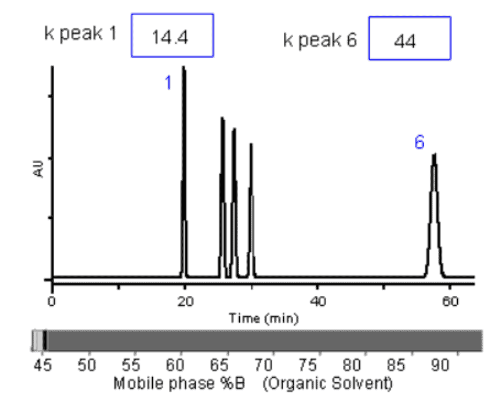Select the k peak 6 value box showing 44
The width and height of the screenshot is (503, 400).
point(410,38)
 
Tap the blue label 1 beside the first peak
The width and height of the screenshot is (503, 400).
point(168,84)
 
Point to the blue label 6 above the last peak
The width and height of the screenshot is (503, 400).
point(420,142)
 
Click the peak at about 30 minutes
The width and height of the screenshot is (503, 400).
point(251,206)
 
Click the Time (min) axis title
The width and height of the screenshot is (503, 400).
point(264,318)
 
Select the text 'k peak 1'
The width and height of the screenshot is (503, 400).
point(80,33)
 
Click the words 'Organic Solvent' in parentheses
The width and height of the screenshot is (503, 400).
point(327,384)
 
